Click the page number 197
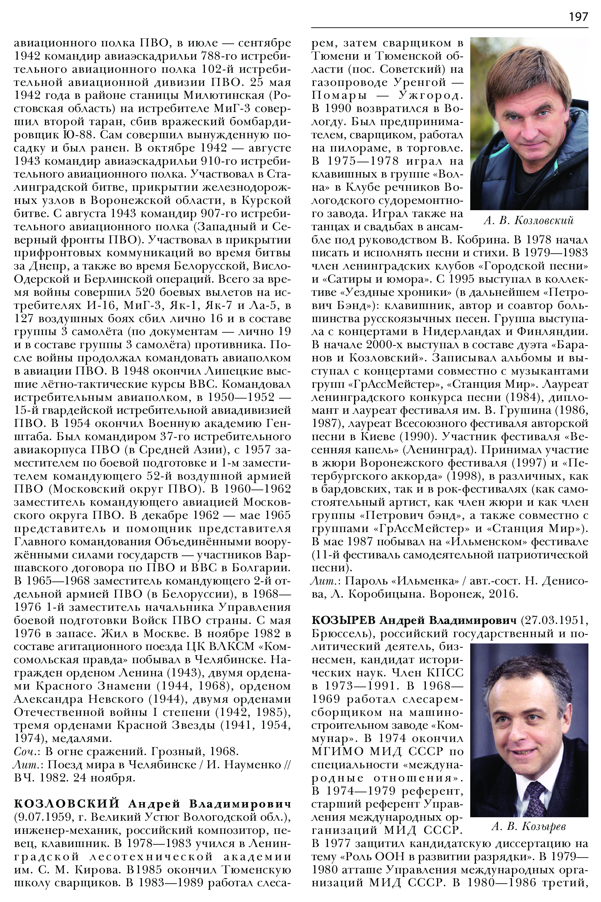pos(578,17)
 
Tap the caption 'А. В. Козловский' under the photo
pos(529,220)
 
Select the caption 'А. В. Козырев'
pos(529,826)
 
